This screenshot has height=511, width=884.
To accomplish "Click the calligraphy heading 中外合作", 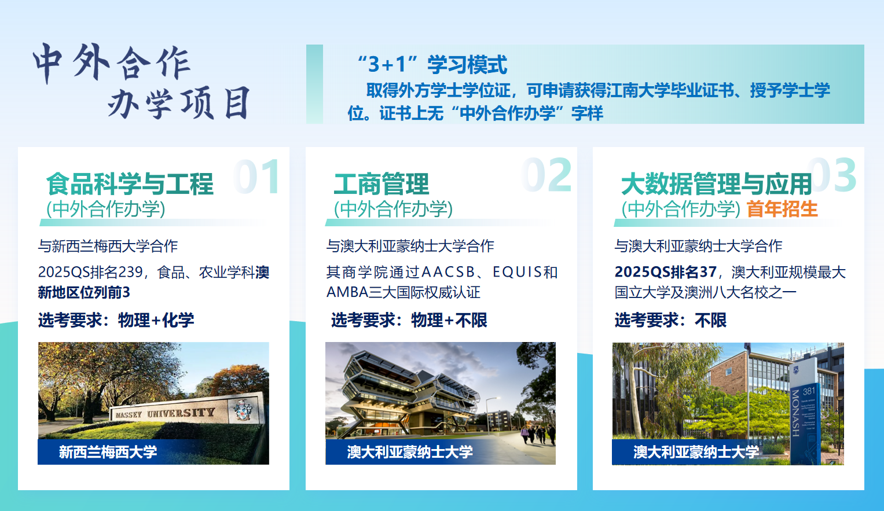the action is (x=112, y=63).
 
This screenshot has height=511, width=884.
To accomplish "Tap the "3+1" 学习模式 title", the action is (x=432, y=64).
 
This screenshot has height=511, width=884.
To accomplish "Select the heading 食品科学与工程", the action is (x=130, y=184).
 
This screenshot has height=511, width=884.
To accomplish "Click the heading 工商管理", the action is (x=382, y=184).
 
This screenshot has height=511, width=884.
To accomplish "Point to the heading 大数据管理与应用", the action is (x=716, y=184).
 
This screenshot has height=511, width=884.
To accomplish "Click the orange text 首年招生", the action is (x=782, y=209).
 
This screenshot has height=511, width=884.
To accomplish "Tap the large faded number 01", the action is (x=257, y=177).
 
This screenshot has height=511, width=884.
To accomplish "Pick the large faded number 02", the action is (x=547, y=175).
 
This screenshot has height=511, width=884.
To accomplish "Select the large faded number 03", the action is (x=832, y=175).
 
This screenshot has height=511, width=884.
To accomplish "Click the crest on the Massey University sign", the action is (x=243, y=410).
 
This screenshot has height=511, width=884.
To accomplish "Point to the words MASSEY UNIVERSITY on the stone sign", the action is (x=165, y=413).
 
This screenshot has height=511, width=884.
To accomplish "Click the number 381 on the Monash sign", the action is (x=809, y=391).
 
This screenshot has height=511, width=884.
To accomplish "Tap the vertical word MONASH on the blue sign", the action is (x=795, y=413).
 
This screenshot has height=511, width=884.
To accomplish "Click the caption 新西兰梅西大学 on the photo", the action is (x=108, y=452).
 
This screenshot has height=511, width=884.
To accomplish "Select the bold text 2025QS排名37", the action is (x=665, y=272).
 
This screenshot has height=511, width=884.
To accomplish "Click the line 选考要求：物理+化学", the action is (x=116, y=320).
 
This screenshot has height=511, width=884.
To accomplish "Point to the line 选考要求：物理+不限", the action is (x=409, y=320).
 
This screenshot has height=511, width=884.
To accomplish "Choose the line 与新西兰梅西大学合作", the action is (x=108, y=246).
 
